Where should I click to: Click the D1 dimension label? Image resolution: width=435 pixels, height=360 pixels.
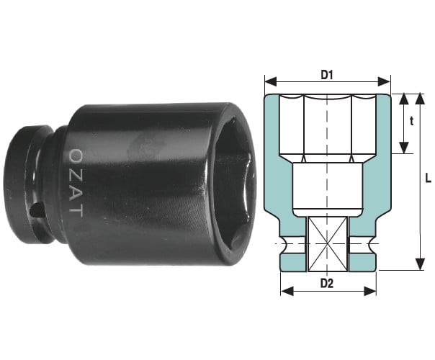pyautogui.click(x=327, y=75)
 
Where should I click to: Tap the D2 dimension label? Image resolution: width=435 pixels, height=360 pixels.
pyautogui.click(x=327, y=284)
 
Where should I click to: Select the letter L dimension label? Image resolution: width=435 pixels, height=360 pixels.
pyautogui.click(x=429, y=178)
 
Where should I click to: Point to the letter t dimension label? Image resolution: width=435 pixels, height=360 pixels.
pyautogui.click(x=412, y=121)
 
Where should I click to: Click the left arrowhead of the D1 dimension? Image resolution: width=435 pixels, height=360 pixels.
pyautogui.click(x=271, y=82)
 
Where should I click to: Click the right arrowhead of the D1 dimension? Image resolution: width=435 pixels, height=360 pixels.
pyautogui.click(x=385, y=82)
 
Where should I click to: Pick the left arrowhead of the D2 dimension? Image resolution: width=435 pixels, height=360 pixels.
pyautogui.click(x=287, y=292)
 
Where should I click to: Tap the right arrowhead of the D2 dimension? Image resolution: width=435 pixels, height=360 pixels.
pyautogui.click(x=370, y=292)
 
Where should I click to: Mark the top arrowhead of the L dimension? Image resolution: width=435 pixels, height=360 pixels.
pyautogui.click(x=421, y=99)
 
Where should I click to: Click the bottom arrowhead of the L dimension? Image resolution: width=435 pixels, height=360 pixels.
pyautogui.click(x=421, y=264)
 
